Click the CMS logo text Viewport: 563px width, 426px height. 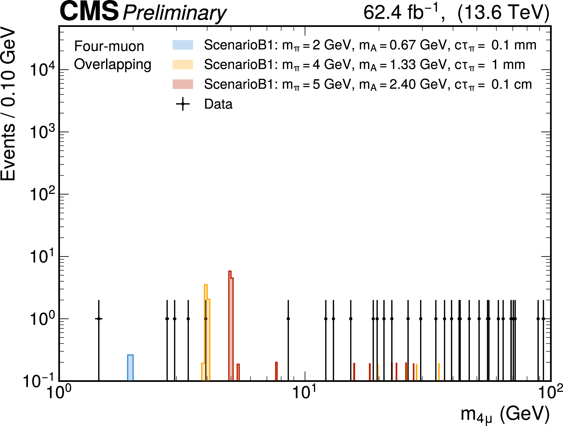coord(89,11)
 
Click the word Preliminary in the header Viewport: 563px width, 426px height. coord(174,13)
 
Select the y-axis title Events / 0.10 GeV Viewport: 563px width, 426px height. coord(8,104)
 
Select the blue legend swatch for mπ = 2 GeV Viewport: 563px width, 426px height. coord(183,45)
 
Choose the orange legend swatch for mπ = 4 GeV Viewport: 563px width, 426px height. coord(183,64)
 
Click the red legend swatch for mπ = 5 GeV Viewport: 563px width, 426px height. coord(183,84)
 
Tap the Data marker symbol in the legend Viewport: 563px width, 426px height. coord(183,104)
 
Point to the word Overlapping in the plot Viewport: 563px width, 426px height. coord(112,64)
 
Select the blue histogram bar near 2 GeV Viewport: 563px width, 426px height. coord(130,368)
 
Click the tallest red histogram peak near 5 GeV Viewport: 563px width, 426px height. coord(230,326)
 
